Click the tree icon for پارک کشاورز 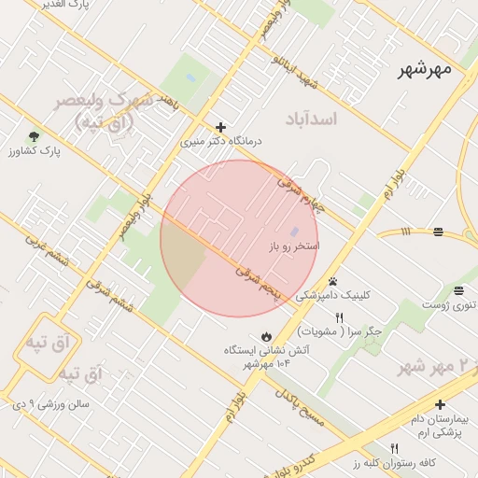[x=35, y=136]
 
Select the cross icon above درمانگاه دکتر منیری [x=220, y=127]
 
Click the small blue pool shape [x=294, y=232]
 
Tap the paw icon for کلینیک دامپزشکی [x=332, y=281]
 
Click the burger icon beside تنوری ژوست [x=458, y=289]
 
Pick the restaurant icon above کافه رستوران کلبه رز [x=394, y=448]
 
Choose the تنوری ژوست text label [x=449, y=304]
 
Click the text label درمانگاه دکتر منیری [x=222, y=142]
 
